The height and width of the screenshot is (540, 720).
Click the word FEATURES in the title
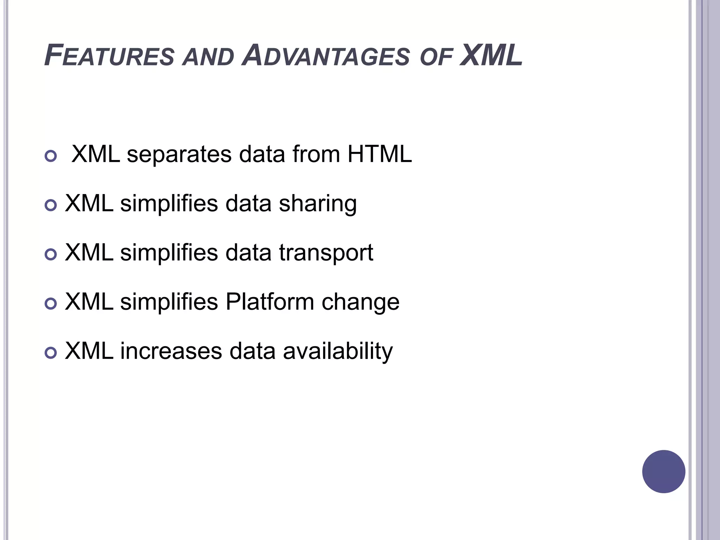click(109, 56)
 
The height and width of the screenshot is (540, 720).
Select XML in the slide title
click(491, 56)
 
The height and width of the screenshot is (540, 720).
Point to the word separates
click(179, 155)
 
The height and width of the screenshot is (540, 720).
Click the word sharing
click(317, 204)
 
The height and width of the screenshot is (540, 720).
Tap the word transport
click(326, 253)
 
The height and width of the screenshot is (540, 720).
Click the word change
click(360, 302)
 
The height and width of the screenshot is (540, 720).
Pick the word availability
click(338, 351)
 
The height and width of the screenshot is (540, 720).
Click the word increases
click(171, 351)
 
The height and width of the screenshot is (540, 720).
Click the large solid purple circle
click(663, 471)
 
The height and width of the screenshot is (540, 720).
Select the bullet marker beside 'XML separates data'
click(51, 156)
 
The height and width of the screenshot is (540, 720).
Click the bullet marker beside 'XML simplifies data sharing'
click(51, 205)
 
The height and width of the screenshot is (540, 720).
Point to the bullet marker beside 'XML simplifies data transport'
click(51, 254)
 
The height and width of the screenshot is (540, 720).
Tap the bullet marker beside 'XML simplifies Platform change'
click(51, 303)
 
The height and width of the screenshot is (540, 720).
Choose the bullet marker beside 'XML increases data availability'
click(51, 353)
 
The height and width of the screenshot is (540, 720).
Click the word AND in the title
click(208, 57)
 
